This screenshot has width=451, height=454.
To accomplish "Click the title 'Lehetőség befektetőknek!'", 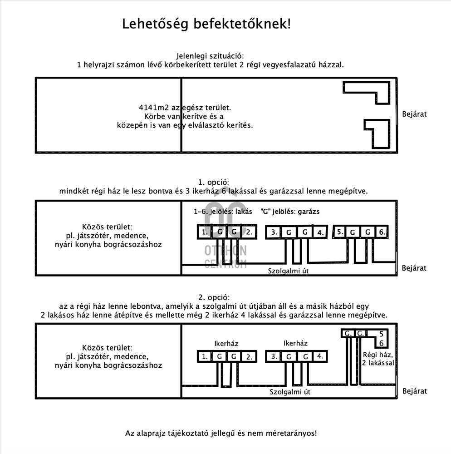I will pos(206,24).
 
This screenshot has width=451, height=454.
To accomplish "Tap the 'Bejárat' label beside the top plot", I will pos(414,114).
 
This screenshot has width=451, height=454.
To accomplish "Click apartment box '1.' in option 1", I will pos(205,232).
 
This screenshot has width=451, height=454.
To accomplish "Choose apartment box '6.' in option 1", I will pos(382,232).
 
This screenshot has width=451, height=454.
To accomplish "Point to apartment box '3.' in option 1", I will pos(274,232).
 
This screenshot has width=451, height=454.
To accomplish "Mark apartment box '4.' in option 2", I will pos(319,356).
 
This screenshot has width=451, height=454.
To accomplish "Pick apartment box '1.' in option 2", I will pos(205,356).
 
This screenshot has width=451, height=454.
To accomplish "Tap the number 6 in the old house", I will pos(382,343).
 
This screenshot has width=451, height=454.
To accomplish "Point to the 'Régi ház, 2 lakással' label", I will pos(377,359).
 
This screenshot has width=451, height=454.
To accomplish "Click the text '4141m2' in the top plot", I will pos(154,108).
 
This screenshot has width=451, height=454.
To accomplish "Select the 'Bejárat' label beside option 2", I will pos(414,391).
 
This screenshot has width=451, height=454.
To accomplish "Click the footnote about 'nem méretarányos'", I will pos(221,433).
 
